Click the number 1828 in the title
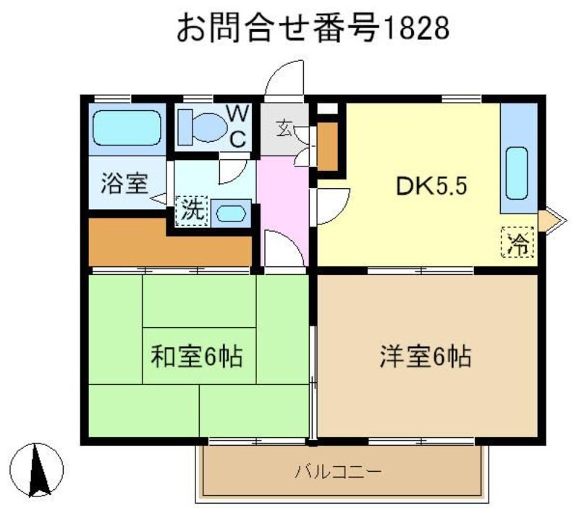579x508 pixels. coord(418,28)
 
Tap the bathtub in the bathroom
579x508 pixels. coord(127,127)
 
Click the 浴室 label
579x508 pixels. coord(124,184)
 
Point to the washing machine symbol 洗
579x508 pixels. coord(192,211)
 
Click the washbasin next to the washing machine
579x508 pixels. coord(231,213)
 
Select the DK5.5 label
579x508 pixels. coord(431,186)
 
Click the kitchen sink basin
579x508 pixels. coord(517,174)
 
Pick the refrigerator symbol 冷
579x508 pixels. coord(517,242)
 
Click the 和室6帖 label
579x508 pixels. coord(196,356)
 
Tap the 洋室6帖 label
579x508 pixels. coord(426,356)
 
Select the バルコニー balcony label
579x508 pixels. coord(338,471)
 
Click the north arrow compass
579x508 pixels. coord(36,470)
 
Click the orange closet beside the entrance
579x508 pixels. coord(327,146)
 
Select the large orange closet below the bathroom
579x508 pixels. coord(170,242)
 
